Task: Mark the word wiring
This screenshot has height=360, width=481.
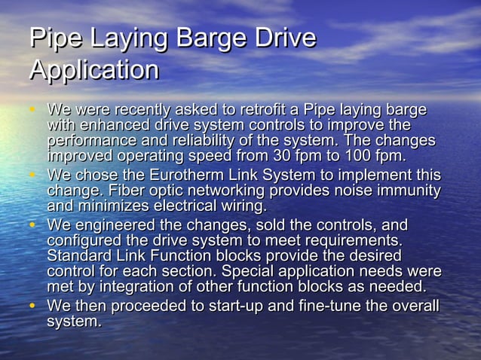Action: coord(240,206)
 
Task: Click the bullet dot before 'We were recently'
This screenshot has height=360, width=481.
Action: coord(32,110)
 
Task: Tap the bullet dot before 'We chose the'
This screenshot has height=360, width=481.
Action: coord(32,175)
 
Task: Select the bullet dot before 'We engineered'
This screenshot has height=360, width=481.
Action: coord(32,226)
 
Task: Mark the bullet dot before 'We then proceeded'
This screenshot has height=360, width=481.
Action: coord(32,307)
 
